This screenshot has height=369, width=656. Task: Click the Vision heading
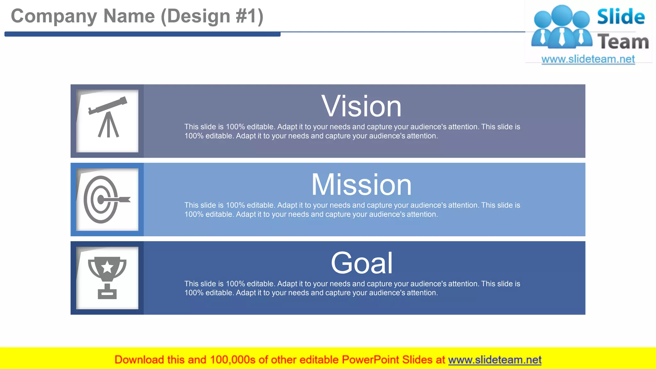(361, 107)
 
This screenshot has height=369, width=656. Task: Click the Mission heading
(361, 185)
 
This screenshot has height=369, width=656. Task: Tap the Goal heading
(361, 263)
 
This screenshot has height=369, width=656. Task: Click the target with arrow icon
(106, 200)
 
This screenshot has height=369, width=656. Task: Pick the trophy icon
(107, 277)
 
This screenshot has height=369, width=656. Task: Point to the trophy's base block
(107, 293)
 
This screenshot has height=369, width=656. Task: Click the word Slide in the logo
(621, 17)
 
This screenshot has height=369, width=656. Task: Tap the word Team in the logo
(623, 42)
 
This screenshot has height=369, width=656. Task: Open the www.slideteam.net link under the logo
(588, 59)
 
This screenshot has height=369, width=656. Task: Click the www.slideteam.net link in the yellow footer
(495, 360)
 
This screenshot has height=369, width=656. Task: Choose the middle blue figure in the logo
(562, 27)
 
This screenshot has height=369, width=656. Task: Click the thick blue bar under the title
(142, 34)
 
